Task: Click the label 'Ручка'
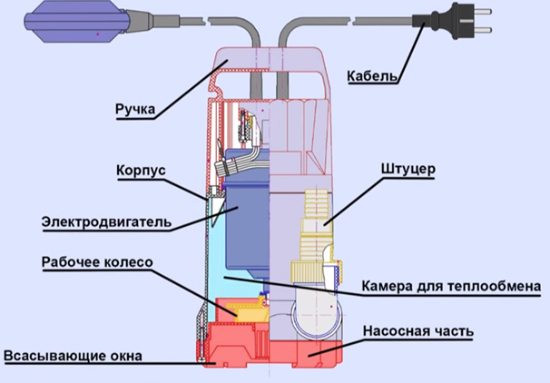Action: click(134, 110)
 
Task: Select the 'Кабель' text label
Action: click(373, 76)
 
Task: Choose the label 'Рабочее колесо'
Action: click(97, 261)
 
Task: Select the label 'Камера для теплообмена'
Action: click(454, 286)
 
